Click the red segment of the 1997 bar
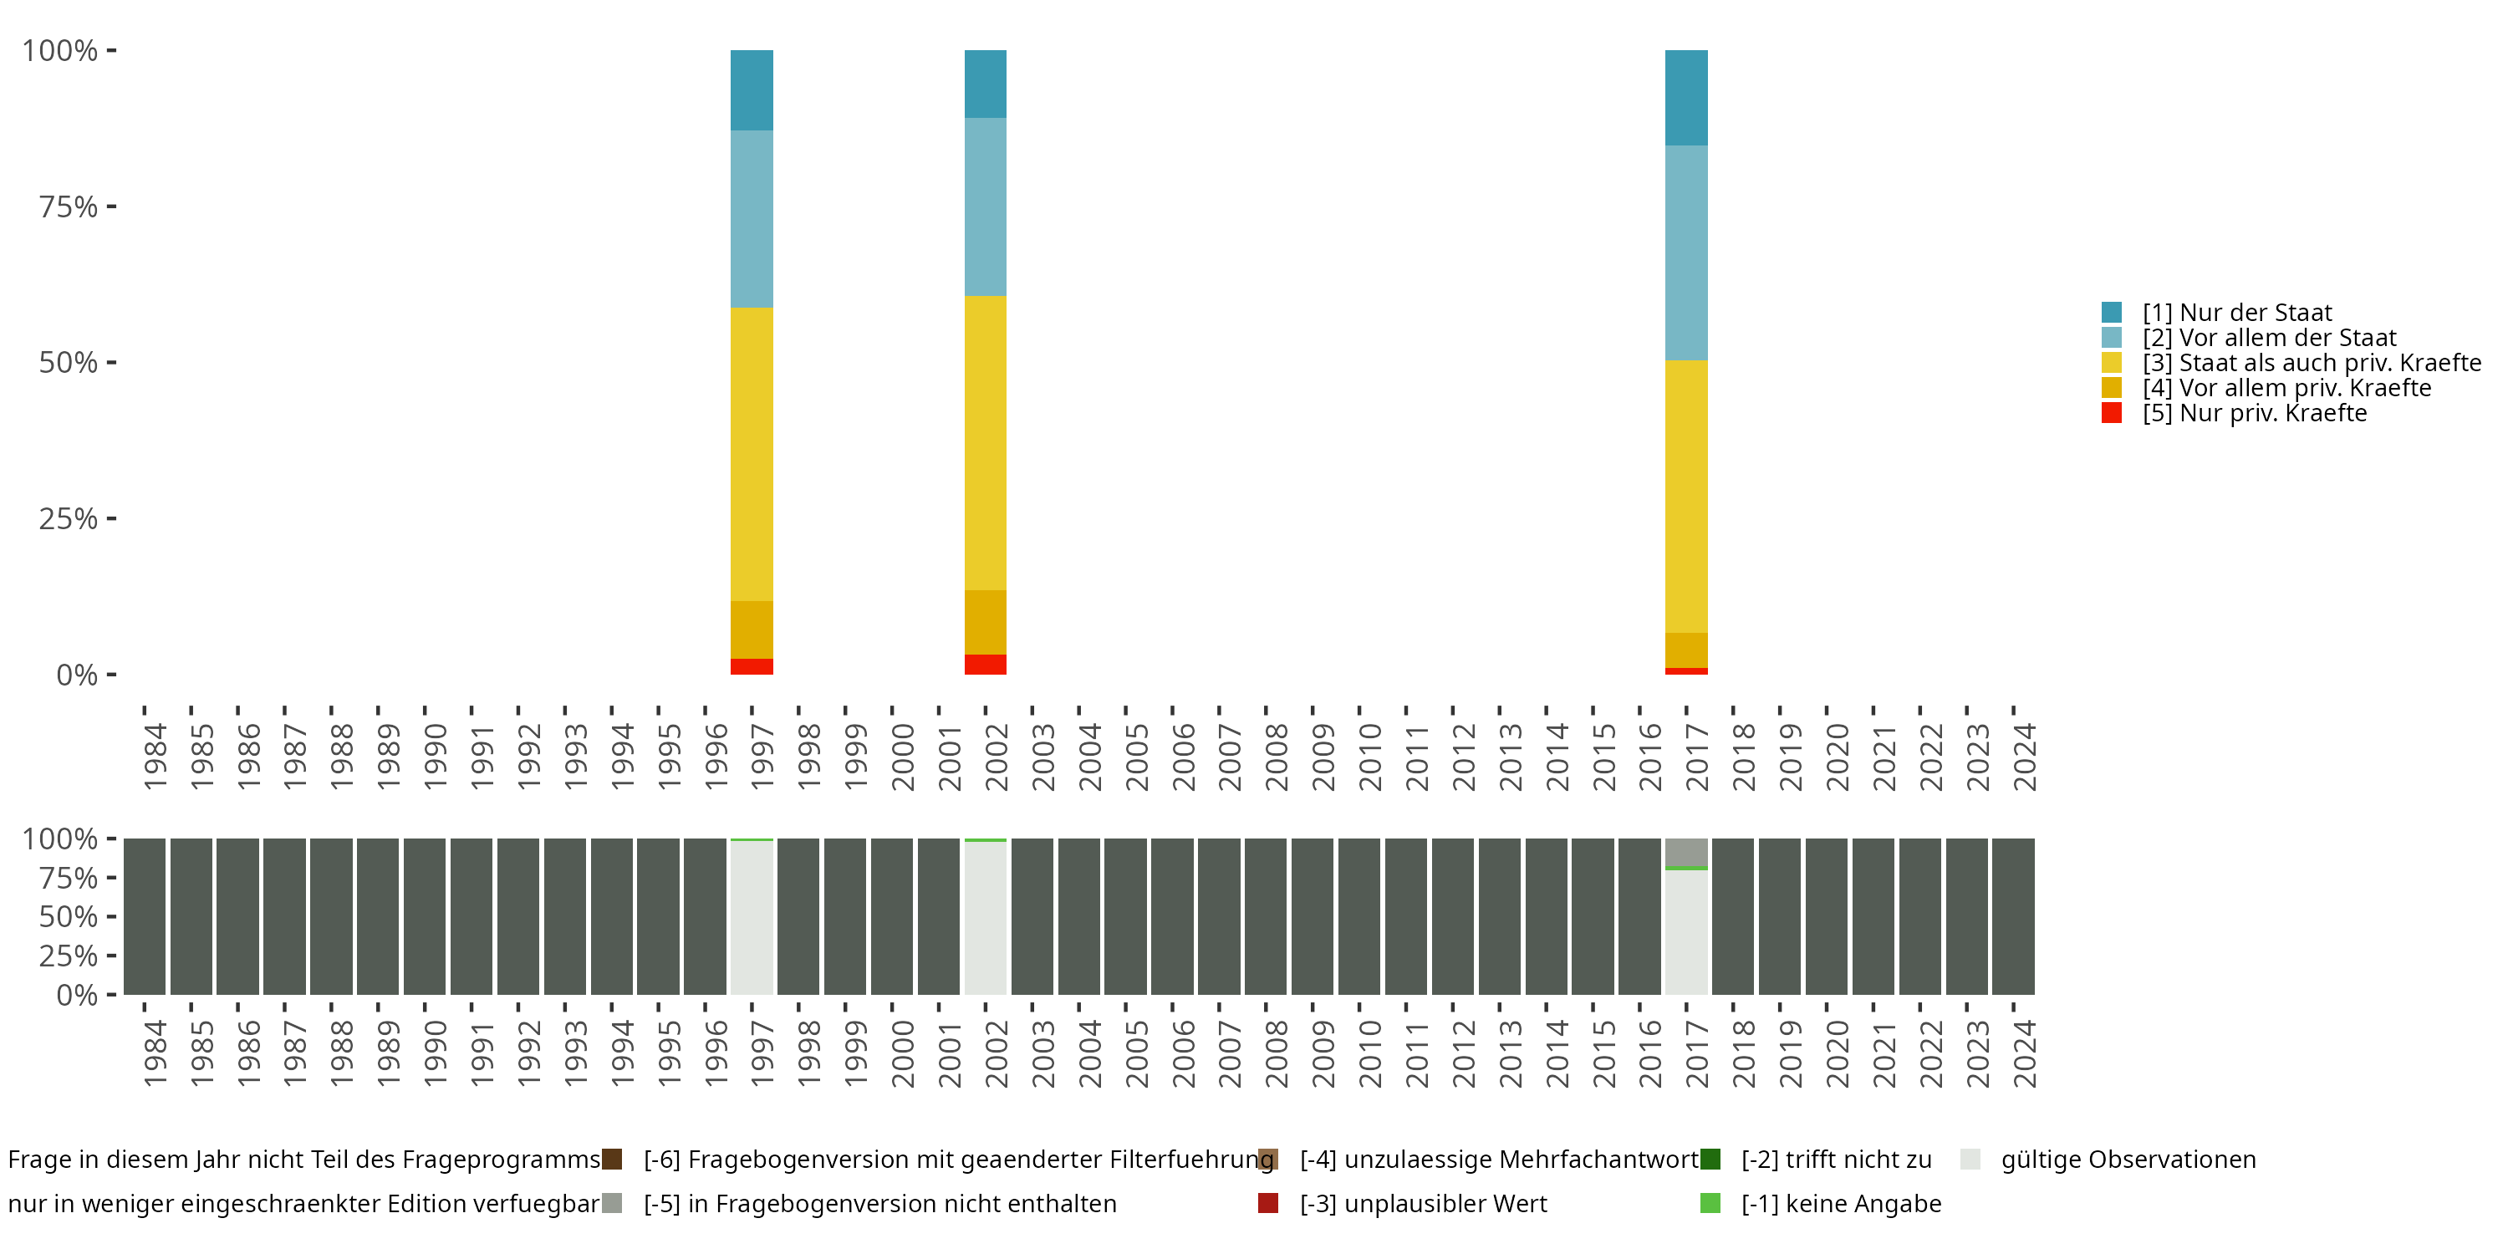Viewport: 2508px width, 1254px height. click(x=752, y=667)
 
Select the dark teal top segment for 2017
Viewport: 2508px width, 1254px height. click(x=1686, y=97)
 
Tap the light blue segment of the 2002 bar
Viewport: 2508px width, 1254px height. click(x=986, y=206)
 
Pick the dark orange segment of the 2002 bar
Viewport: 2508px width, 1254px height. click(x=986, y=622)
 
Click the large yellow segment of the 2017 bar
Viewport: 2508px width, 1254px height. click(x=1686, y=497)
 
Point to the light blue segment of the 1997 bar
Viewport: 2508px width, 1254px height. click(x=752, y=219)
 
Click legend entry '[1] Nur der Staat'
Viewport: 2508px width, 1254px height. click(x=2235, y=313)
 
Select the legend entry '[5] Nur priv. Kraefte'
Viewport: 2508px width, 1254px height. click(x=2253, y=413)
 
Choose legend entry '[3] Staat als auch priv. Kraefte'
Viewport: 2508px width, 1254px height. click(x=2311, y=362)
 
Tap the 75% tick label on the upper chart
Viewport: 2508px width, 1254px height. click(x=69, y=206)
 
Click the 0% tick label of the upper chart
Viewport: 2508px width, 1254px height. click(x=77, y=675)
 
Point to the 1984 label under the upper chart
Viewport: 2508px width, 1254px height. click(x=155, y=757)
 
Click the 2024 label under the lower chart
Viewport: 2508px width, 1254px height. click(x=2024, y=1053)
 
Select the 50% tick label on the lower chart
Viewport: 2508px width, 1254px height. click(x=69, y=916)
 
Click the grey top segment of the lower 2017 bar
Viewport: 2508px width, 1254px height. click(x=1686, y=852)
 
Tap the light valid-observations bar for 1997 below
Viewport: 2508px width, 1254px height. click(x=752, y=918)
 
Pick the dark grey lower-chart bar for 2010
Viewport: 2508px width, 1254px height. click(x=1359, y=916)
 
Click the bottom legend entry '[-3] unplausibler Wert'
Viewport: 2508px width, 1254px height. click(x=1422, y=1203)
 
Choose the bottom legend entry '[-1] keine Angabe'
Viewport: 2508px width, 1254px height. click(x=1840, y=1203)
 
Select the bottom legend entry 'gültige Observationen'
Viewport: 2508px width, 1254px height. click(x=2128, y=1160)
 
